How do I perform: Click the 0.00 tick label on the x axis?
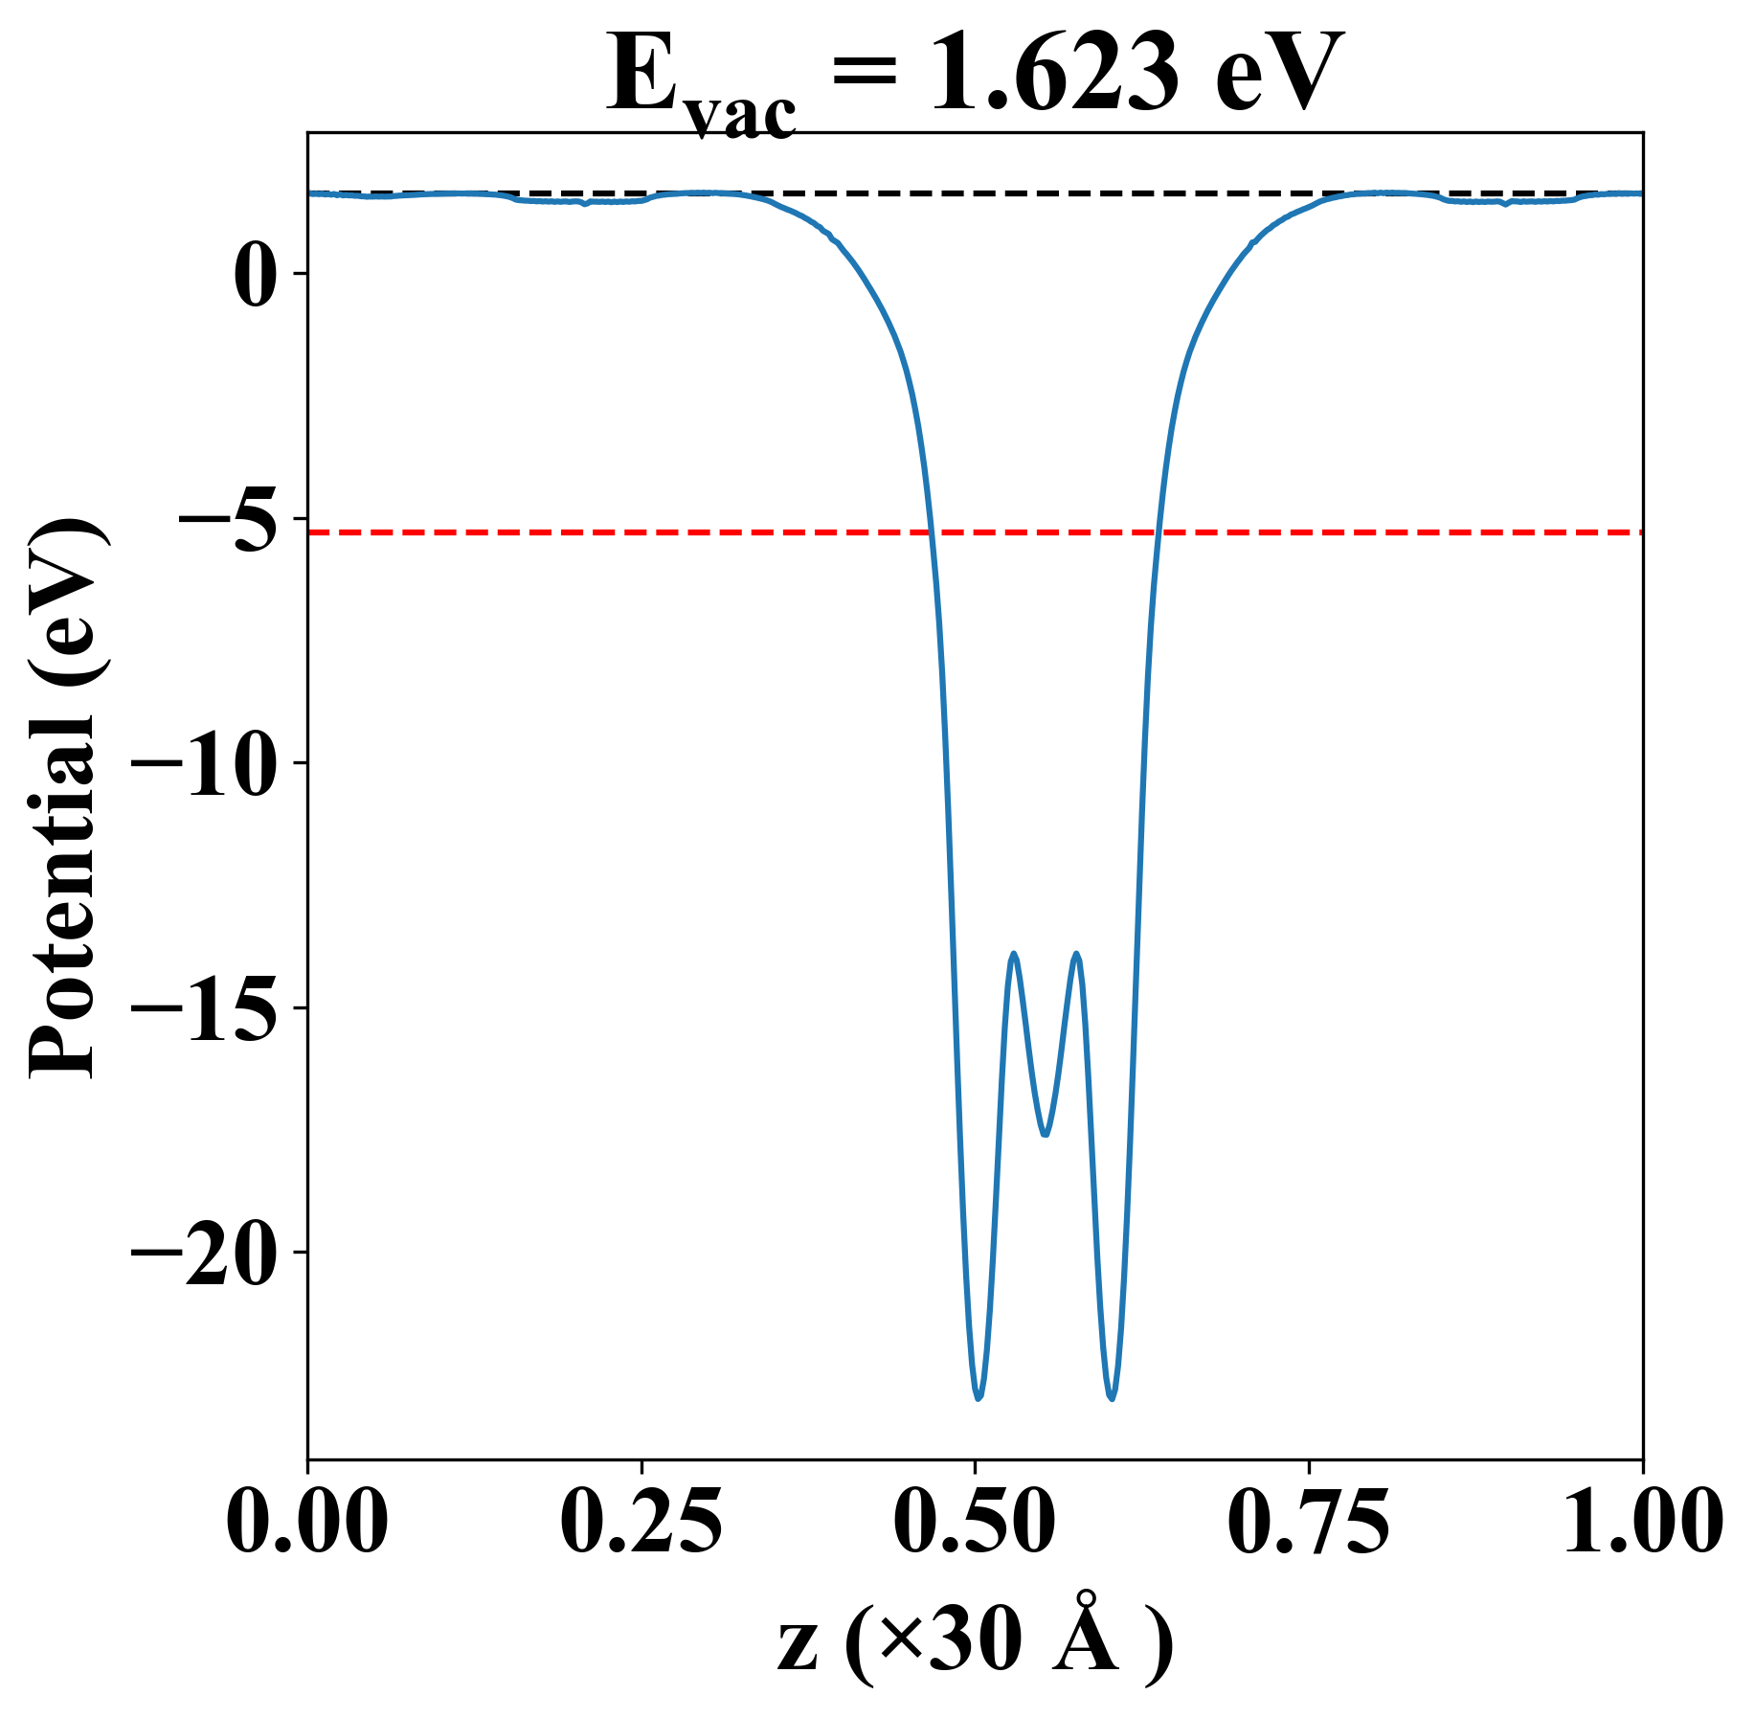pyautogui.click(x=307, y=1523)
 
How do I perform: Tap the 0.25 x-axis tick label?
pyautogui.click(x=641, y=1523)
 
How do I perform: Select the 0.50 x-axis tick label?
pyautogui.click(x=975, y=1523)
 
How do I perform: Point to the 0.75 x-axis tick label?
pyautogui.click(x=1308, y=1523)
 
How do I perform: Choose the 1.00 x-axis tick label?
pyautogui.click(x=1642, y=1523)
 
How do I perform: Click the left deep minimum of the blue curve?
pyautogui.click(x=979, y=1398)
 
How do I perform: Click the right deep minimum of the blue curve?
pyautogui.click(x=1112, y=1398)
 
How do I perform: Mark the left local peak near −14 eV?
pyautogui.click(x=1013, y=954)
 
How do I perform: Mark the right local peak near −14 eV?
pyautogui.click(x=1077, y=954)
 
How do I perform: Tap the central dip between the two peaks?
pyautogui.click(x=1046, y=1135)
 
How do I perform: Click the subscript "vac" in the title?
pyautogui.click(x=742, y=117)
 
